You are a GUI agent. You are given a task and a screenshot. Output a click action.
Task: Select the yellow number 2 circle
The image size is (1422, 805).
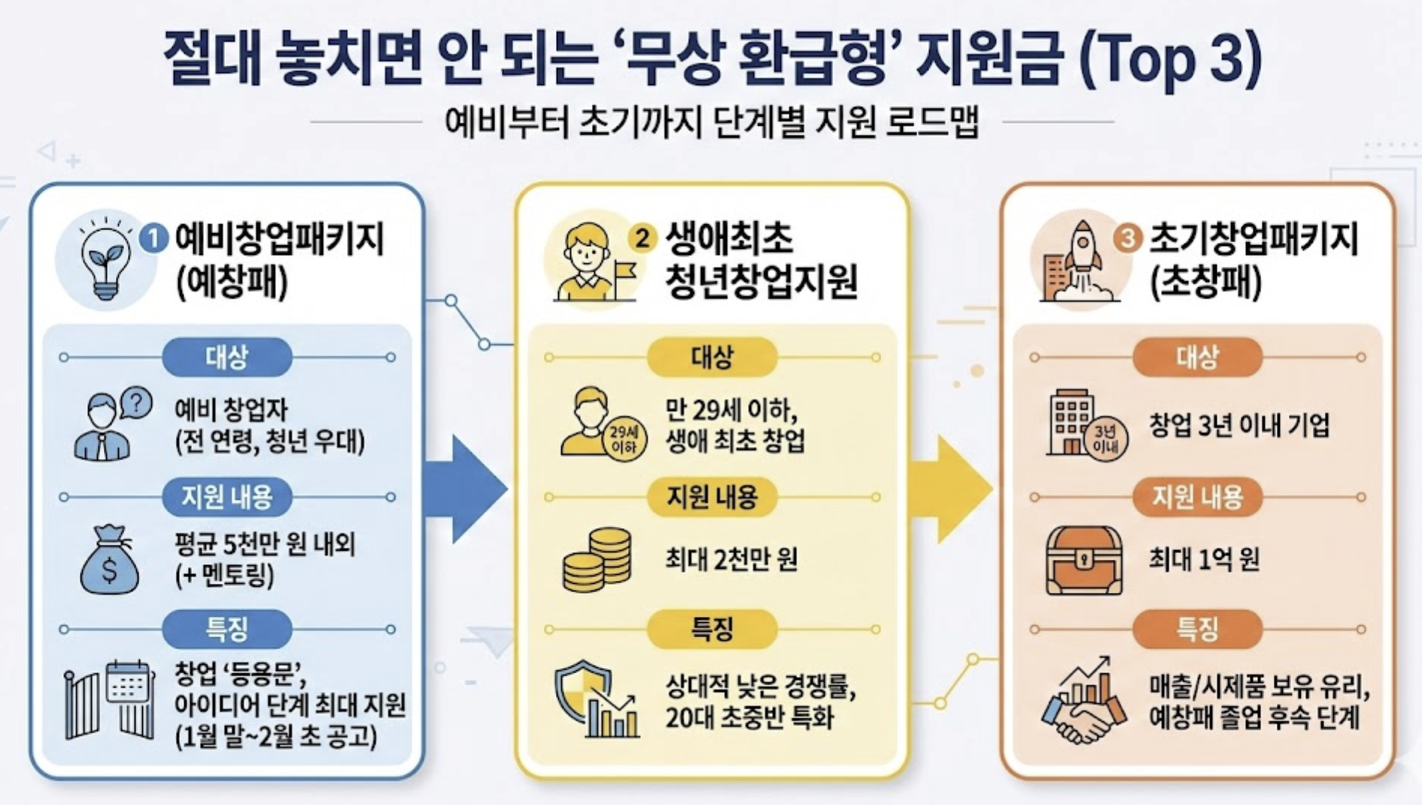pos(642,238)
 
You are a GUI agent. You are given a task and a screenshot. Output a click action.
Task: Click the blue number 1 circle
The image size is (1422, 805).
pos(154,239)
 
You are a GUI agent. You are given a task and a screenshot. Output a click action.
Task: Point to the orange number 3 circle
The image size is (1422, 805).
pos(1127,238)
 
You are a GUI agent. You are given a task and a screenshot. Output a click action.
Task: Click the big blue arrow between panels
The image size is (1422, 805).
pos(465,488)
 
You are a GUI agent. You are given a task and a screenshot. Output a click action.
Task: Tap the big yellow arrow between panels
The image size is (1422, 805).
pos(950,488)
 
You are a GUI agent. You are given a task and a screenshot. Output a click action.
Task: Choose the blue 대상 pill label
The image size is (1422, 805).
pos(226,357)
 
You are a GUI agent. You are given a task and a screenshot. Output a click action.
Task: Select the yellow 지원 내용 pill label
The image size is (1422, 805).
pos(712,497)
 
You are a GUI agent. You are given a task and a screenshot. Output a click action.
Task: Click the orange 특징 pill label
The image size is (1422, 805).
pos(1197,628)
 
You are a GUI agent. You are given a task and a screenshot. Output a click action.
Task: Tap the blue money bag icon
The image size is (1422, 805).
pos(109,560)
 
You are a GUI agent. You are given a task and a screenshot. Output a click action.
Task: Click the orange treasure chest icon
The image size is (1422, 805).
pos(1083,560)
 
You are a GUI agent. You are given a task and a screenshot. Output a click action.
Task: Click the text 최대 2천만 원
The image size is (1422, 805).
pos(731,559)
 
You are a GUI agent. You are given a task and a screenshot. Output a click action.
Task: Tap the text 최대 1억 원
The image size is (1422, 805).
pos(1203,559)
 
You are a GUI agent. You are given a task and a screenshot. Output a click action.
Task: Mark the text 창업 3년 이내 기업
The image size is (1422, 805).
pos(1238,425)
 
